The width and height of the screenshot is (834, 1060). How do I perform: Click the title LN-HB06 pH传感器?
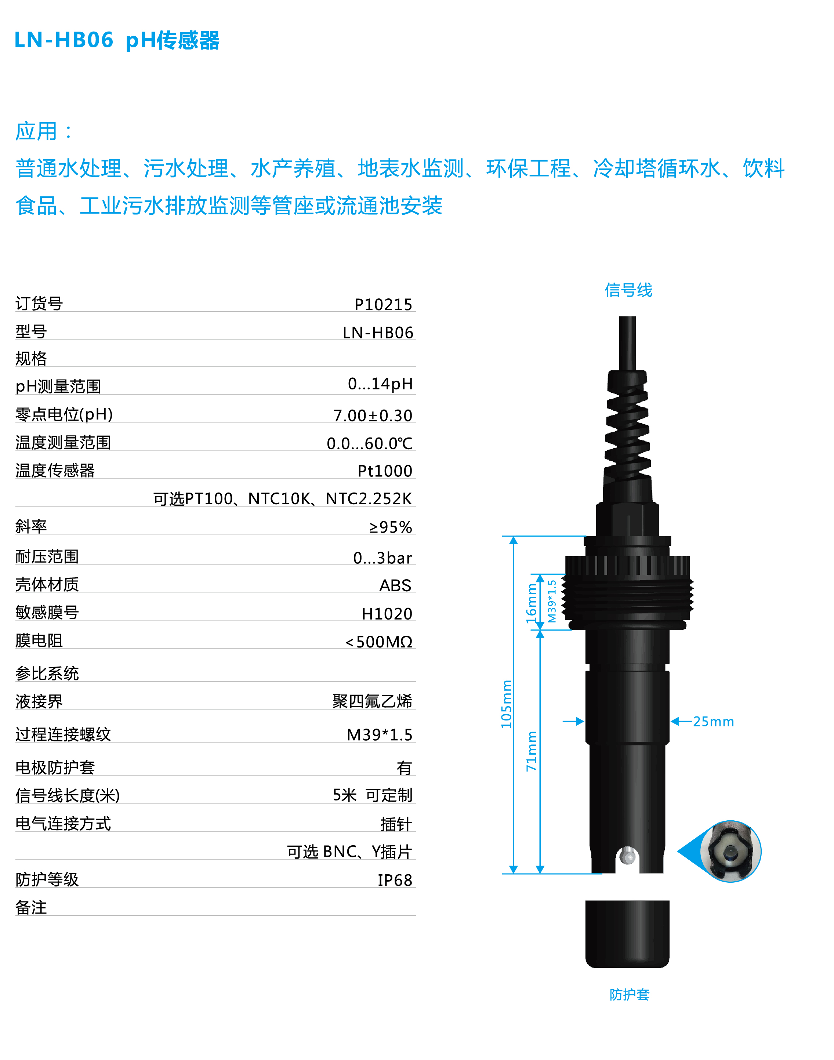pyautogui.click(x=117, y=40)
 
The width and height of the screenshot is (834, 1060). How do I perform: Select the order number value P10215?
pyautogui.click(x=383, y=304)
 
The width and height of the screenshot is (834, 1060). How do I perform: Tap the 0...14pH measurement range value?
pyautogui.click(x=380, y=384)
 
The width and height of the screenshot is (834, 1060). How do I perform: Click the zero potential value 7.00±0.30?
pyautogui.click(x=373, y=415)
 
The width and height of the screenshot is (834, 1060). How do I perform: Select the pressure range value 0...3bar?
pyautogui.click(x=383, y=558)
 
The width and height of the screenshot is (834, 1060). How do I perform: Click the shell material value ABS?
pyautogui.click(x=395, y=585)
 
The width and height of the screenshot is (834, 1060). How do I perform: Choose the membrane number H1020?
pyautogui.click(x=387, y=614)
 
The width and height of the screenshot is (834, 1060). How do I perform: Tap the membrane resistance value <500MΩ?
pyautogui.click(x=379, y=642)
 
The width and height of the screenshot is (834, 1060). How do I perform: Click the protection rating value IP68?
pyautogui.click(x=395, y=880)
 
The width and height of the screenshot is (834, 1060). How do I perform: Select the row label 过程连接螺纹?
pyautogui.click(x=63, y=734)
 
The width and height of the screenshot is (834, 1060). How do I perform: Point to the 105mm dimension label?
pyautogui.click(x=506, y=704)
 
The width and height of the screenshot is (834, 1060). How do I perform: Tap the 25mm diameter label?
pyautogui.click(x=713, y=722)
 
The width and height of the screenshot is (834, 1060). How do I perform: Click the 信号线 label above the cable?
pyautogui.click(x=628, y=290)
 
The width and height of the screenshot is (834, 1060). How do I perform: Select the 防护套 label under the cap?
pyautogui.click(x=630, y=995)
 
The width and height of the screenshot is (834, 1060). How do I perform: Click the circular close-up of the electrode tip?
pyautogui.click(x=730, y=851)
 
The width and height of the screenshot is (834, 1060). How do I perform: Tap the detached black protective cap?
pyautogui.click(x=627, y=934)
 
